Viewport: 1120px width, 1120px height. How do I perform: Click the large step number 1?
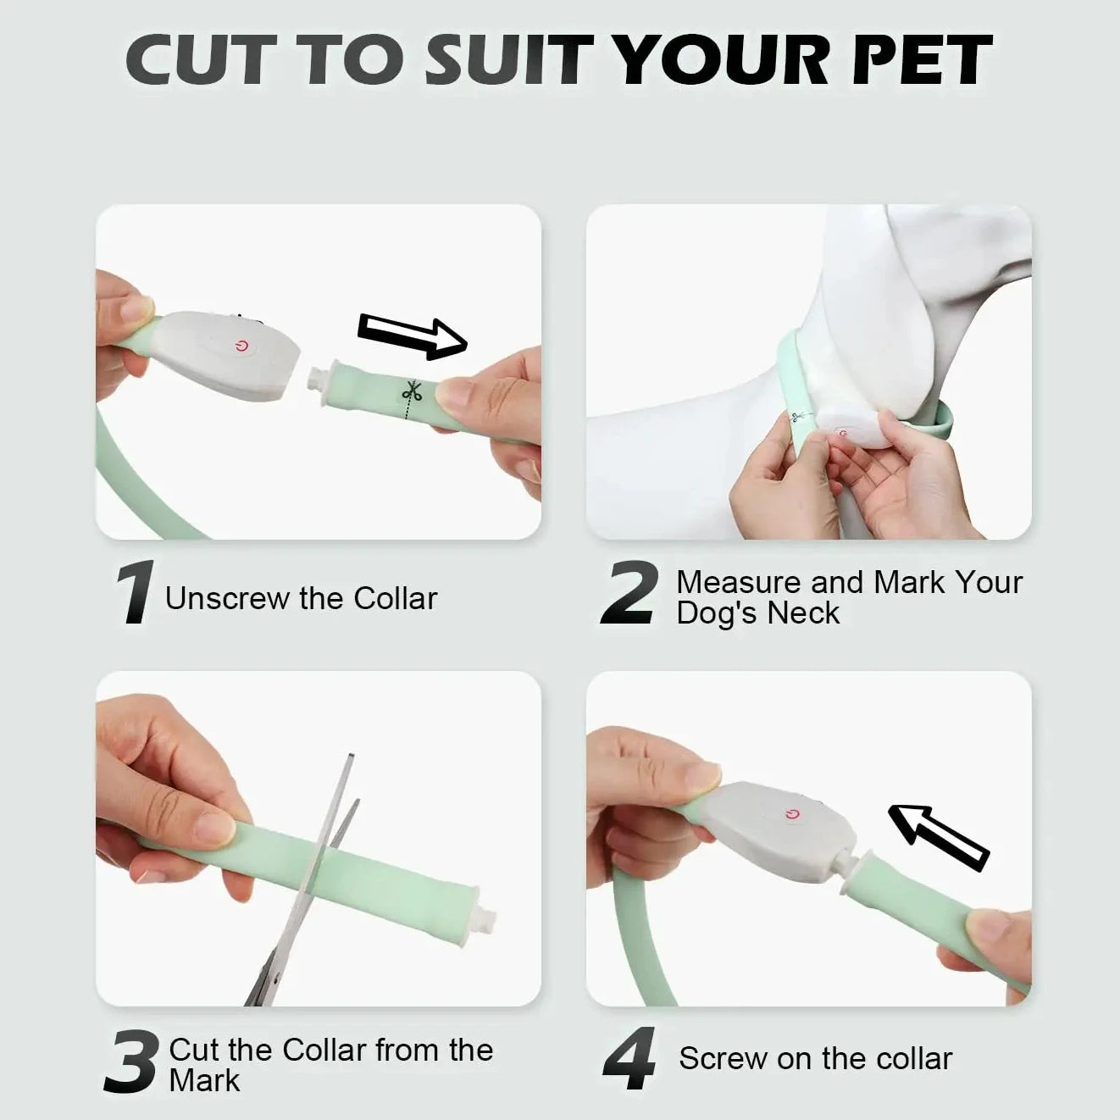pyautogui.click(x=135, y=592)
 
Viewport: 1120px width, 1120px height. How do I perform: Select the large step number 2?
pyautogui.click(x=629, y=593)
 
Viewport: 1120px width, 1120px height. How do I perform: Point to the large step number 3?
pyautogui.click(x=130, y=1061)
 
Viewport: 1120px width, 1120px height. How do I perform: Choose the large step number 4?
pyautogui.click(x=629, y=1059)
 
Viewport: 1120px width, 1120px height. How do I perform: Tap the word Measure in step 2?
pyautogui.click(x=739, y=582)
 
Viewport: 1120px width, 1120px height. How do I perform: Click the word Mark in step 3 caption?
pyautogui.click(x=204, y=1081)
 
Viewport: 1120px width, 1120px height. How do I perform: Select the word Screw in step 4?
pyautogui.click(x=716, y=1058)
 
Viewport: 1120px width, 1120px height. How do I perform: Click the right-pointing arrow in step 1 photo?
pyautogui.click(x=413, y=335)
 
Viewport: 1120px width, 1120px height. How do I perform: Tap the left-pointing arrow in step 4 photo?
pyautogui.click(x=938, y=835)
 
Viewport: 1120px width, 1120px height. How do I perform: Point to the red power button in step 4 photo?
pyautogui.click(x=792, y=814)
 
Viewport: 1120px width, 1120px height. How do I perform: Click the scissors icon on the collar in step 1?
pyautogui.click(x=413, y=392)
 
